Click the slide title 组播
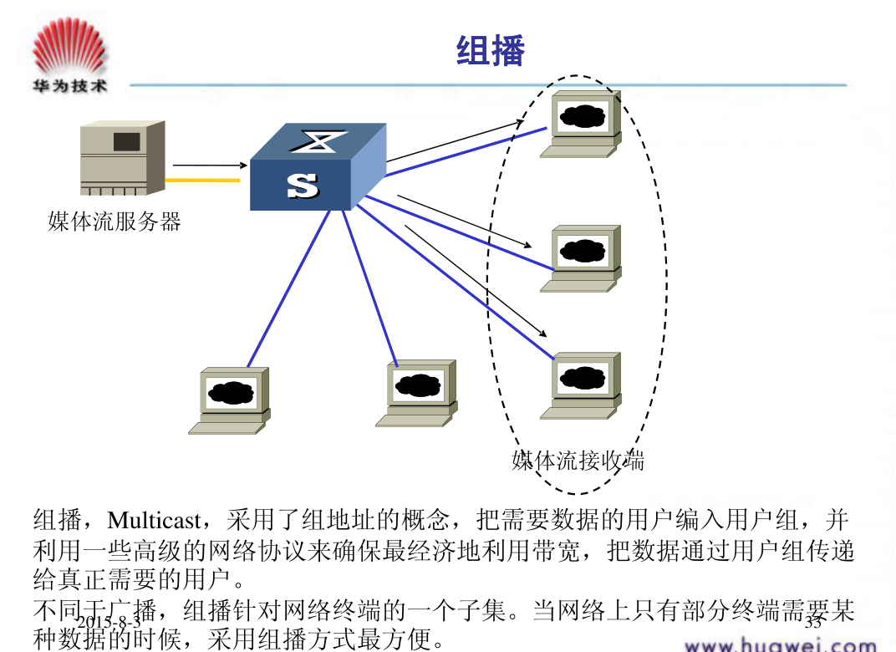[x=491, y=52]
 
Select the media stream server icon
[x=122, y=158]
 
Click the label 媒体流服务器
[x=115, y=222]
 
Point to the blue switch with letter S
[x=318, y=168]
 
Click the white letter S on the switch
[x=302, y=186]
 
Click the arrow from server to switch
[x=209, y=165]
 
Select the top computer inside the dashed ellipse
[x=583, y=124]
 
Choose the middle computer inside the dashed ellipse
[x=583, y=258]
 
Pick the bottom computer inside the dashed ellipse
[x=583, y=385]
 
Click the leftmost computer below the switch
[x=231, y=400]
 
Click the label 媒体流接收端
[x=578, y=460]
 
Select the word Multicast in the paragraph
[x=154, y=521]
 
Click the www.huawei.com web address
[x=780, y=644]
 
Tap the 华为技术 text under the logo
[x=69, y=86]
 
